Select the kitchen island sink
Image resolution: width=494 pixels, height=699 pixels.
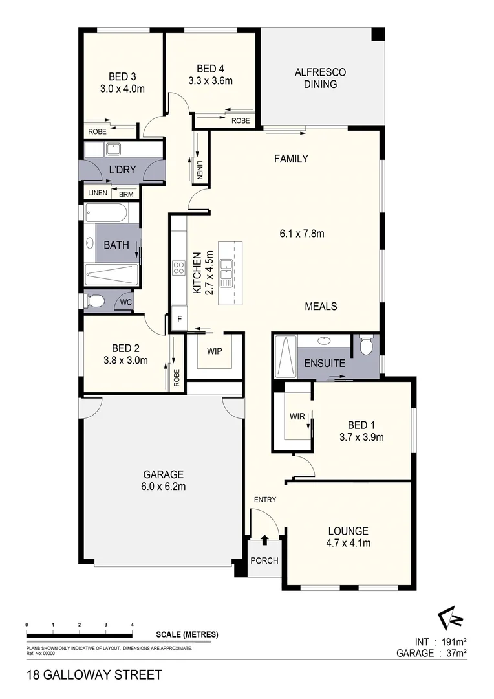point(226,272)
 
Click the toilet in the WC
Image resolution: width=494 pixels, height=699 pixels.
point(96,301)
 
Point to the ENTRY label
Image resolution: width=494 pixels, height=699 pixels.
point(265,500)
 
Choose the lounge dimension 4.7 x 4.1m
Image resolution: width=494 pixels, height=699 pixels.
point(349,543)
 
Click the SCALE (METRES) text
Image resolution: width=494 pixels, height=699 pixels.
point(187,634)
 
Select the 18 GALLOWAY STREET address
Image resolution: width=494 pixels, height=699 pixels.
point(94,676)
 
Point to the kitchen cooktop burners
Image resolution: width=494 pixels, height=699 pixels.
point(179,268)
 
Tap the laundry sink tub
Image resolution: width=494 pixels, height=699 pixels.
point(115,150)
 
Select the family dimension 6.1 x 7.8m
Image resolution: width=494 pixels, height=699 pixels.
point(302,233)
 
